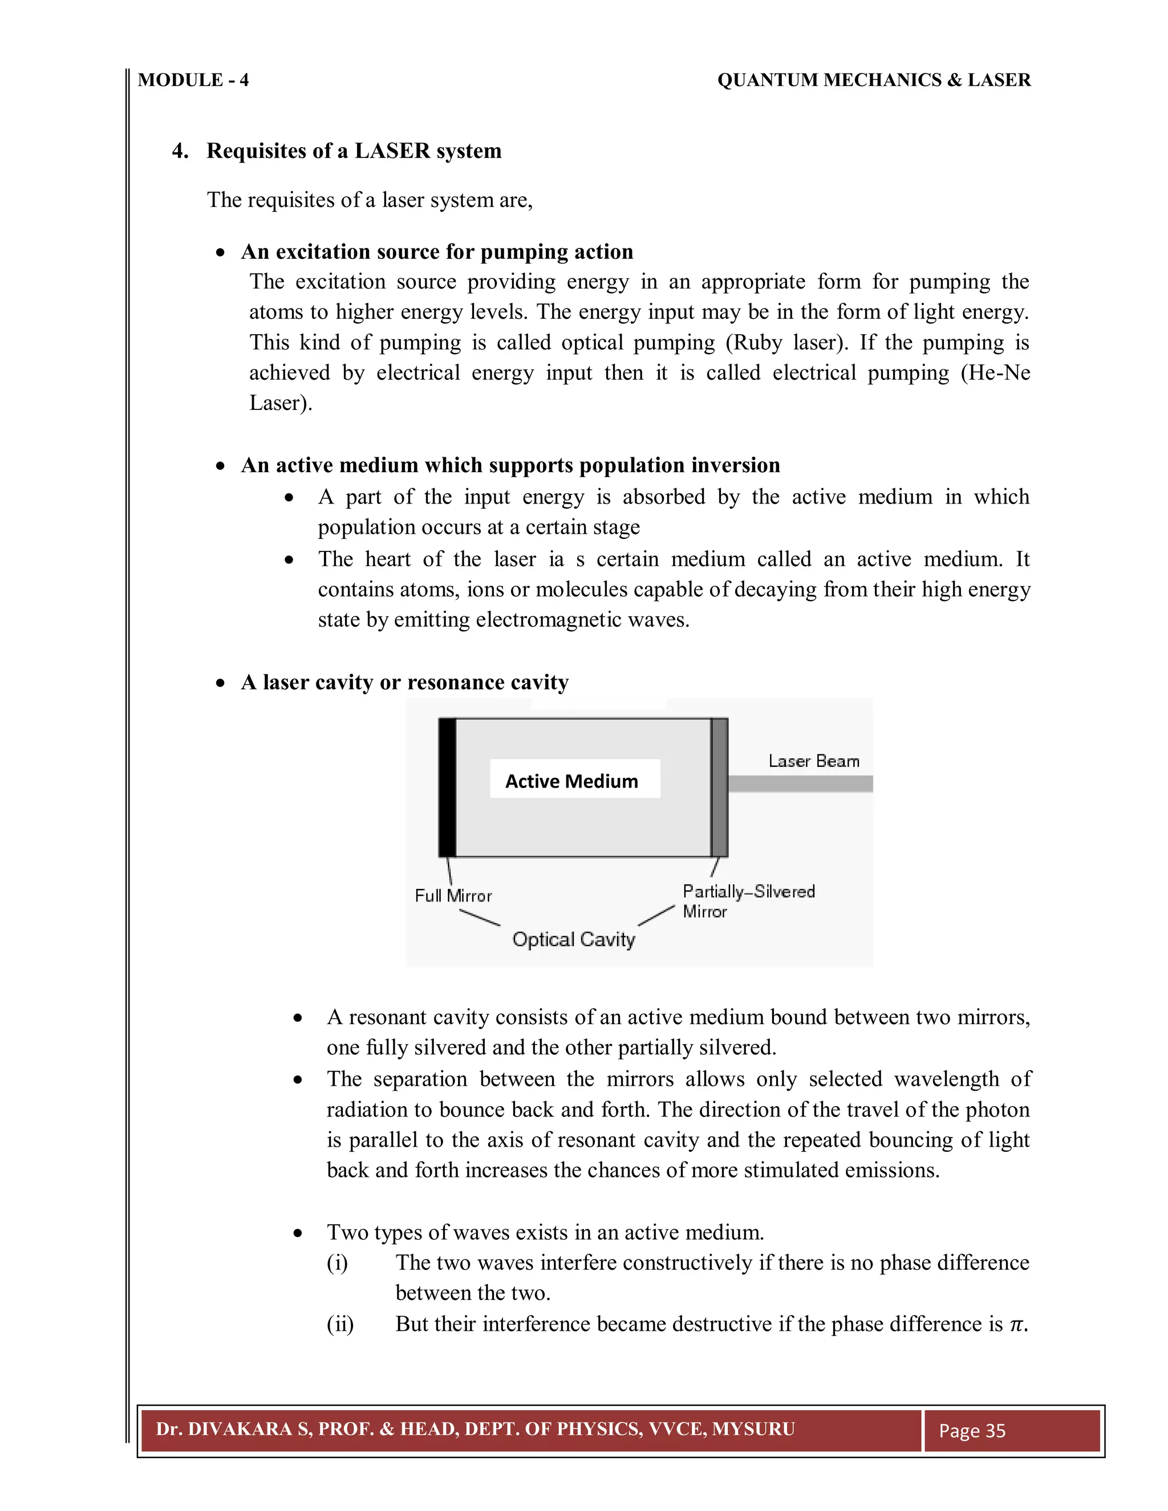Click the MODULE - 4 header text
[193, 80]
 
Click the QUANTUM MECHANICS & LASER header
[873, 80]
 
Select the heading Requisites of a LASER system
[354, 151]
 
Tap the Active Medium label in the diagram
[571, 781]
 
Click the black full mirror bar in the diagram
[448, 787]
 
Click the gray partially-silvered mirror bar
[720, 787]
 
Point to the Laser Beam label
[814, 761]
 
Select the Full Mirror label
[453, 896]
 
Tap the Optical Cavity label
[573, 940]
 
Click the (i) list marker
[338, 1262]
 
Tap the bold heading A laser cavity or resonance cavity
[405, 682]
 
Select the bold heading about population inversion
[510, 465]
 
